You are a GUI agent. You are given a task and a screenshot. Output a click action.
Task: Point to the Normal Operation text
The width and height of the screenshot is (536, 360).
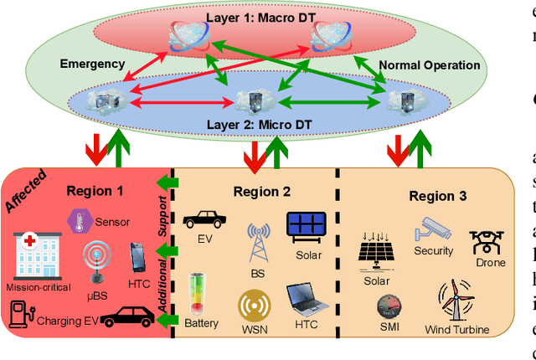[430, 65]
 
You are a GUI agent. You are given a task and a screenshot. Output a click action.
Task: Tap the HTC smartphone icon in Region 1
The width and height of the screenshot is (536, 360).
[139, 255]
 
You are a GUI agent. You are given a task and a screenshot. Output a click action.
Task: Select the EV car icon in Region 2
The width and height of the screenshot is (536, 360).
[204, 219]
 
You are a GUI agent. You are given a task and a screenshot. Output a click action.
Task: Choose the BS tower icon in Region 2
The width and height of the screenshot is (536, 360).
[256, 242]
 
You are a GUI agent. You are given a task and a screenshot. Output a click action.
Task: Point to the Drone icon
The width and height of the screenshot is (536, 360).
[490, 242]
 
